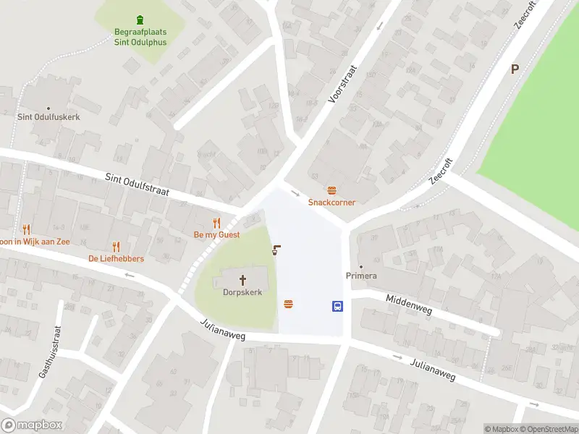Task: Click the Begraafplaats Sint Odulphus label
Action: coord(140,36)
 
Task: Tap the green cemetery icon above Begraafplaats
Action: coord(140,20)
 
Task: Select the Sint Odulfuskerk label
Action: coord(48,116)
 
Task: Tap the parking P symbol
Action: coord(515,69)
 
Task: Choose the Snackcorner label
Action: coord(331,203)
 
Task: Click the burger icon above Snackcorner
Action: coord(331,191)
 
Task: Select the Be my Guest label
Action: coord(216,235)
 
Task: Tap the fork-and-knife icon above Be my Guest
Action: coord(216,223)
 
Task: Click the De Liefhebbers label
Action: coord(116,258)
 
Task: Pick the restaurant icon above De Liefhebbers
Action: coord(116,247)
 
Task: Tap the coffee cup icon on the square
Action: coord(276,250)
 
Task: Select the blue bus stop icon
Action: coord(338,306)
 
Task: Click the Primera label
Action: coord(361,276)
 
